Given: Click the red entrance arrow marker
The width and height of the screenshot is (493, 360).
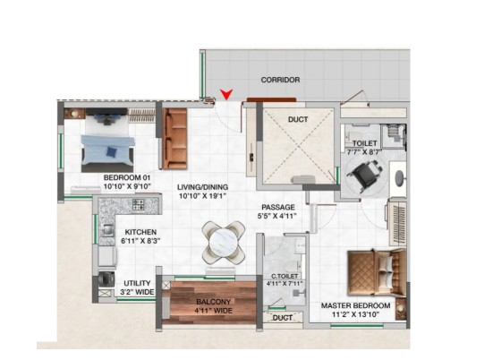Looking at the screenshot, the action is [226, 94].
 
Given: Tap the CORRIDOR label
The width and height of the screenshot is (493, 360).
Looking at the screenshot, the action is [280, 80].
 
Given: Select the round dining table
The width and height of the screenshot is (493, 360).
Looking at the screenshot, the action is [224, 242].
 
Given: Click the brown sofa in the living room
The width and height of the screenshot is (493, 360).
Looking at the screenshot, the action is [174, 139].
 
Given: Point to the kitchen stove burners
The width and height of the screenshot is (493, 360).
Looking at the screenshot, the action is [139, 204].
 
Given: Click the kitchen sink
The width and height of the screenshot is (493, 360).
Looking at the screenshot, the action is [107, 230].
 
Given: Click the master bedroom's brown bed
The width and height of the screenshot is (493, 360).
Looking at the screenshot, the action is [377, 272].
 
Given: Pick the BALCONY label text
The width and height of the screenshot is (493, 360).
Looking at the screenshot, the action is [214, 302].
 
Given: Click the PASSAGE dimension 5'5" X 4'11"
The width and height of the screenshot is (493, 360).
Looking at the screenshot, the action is [278, 216].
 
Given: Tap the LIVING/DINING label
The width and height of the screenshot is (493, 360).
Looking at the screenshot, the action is [202, 187].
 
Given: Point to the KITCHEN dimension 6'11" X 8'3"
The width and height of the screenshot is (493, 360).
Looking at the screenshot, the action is [140, 241].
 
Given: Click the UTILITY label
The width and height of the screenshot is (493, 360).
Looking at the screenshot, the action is [137, 283].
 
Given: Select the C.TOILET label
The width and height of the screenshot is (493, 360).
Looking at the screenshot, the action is [285, 276].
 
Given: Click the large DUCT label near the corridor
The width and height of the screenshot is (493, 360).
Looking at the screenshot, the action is [298, 120].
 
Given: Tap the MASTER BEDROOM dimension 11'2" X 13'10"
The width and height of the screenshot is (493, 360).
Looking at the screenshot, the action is [355, 314].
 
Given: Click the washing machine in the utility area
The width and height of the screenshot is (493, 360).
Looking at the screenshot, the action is [106, 279].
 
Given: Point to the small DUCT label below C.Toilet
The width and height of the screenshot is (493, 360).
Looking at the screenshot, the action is [283, 318].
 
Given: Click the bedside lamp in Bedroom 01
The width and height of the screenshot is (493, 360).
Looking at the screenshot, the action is [73, 113].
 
